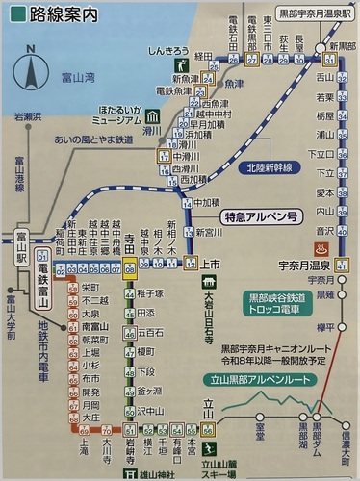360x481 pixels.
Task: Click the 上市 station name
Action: pos(214,263)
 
